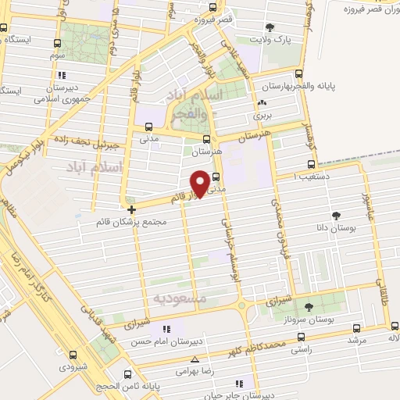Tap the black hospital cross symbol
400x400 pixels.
coord(131,209)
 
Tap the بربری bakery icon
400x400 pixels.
coord(261,102)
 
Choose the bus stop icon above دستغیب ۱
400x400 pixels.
coord(312,165)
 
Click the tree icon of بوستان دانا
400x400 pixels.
coord(336,215)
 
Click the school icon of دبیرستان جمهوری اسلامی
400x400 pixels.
coord(60,75)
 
